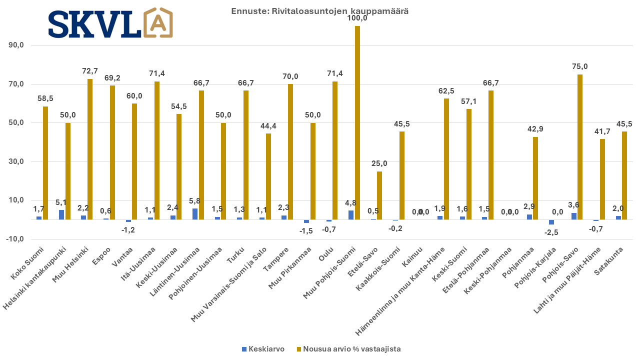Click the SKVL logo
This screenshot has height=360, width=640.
(110, 22)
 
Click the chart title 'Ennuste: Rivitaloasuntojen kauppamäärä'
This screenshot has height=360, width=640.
(319, 11)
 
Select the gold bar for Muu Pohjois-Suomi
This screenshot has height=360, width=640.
(357, 122)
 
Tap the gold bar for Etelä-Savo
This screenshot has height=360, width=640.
(379, 195)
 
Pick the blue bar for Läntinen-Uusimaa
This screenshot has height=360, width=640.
(195, 214)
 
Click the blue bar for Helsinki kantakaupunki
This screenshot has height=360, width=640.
(61, 214)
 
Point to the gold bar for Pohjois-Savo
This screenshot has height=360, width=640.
(580, 147)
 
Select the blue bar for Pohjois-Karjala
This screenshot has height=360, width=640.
(551, 222)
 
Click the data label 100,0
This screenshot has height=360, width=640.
(357, 18)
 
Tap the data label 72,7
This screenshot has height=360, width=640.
(90, 71)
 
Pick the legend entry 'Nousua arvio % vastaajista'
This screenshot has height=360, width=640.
(348, 349)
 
